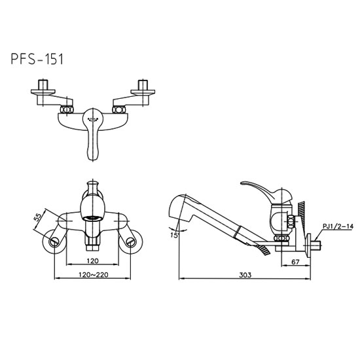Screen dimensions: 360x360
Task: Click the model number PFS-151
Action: tap(37, 59)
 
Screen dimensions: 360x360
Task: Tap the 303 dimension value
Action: tap(245, 275)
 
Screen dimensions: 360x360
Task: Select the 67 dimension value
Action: tap(295, 262)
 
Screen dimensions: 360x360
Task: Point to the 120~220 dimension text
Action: tap(93, 275)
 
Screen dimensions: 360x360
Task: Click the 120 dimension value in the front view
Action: tap(92, 261)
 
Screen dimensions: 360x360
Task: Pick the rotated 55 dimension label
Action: tap(38, 217)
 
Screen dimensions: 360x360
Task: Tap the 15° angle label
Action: tap(175, 235)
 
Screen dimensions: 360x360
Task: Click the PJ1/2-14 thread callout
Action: tap(338, 226)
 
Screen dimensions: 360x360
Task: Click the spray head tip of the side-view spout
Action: tap(175, 206)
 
